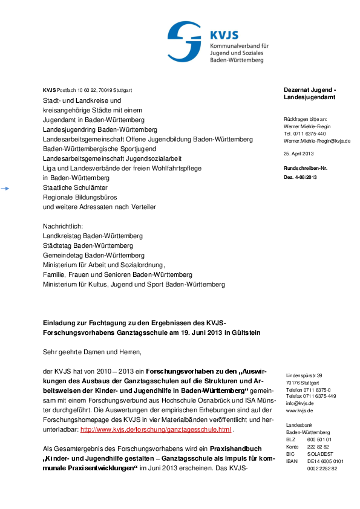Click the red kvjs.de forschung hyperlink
point(155,430)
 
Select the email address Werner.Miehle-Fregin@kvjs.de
point(317,141)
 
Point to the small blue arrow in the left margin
point(5,189)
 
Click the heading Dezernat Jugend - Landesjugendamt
point(310,94)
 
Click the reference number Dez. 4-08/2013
point(300,177)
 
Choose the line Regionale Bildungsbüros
point(79,198)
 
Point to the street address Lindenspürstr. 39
point(304,376)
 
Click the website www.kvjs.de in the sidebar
point(299,410)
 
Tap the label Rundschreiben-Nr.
point(306,167)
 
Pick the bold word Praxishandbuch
point(235,449)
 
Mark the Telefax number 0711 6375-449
point(311,396)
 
